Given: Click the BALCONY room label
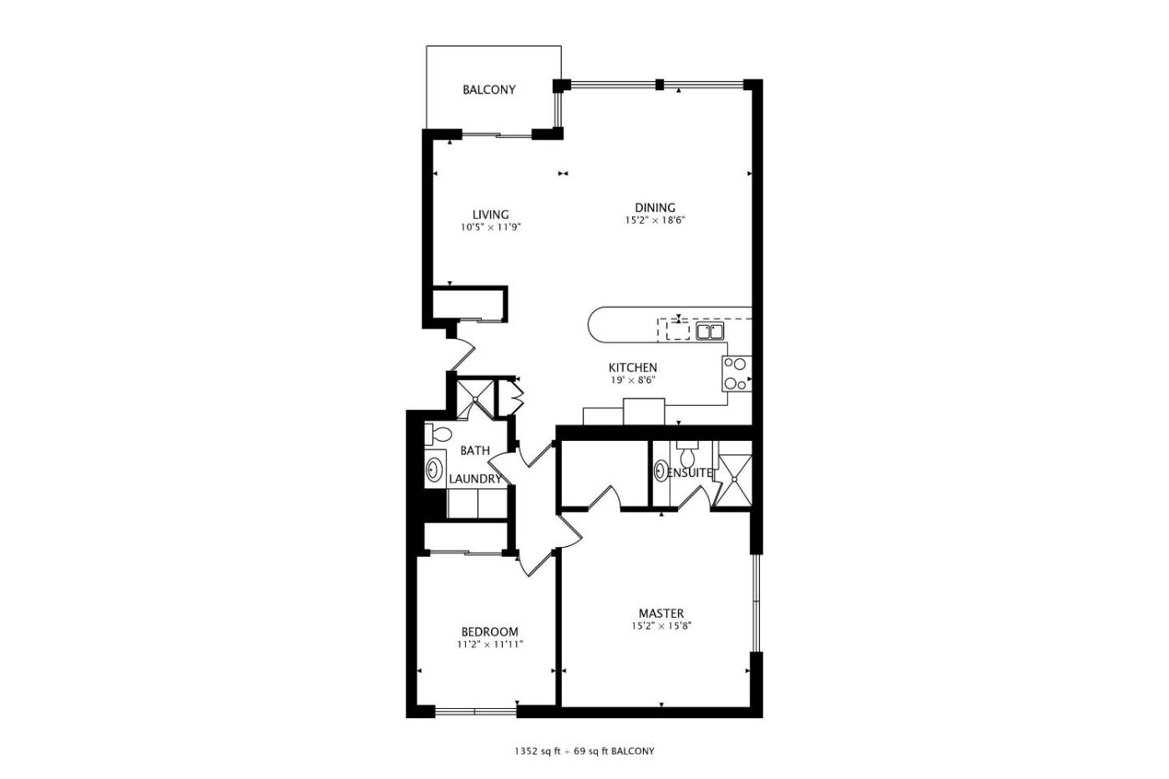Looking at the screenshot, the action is (489, 89).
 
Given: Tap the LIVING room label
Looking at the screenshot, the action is (491, 215).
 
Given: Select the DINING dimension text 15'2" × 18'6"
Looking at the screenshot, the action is (655, 220).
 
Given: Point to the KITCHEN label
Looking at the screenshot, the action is (633, 367).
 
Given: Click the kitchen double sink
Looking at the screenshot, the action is (709, 331).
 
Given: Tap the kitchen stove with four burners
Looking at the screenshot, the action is (736, 373).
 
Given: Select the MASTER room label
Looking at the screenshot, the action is (661, 613).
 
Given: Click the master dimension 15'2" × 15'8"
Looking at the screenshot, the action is (661, 626).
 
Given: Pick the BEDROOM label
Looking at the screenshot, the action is (489, 632).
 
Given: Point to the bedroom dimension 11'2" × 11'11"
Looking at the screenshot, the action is (490, 645).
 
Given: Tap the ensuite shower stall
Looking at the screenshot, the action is (733, 480).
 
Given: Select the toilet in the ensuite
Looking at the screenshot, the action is (687, 453).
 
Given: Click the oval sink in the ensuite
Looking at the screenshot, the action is (661, 471).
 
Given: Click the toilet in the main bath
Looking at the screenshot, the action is (438, 434).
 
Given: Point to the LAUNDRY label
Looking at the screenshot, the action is (475, 479).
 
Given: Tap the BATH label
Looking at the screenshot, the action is (475, 450).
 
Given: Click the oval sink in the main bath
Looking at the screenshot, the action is (433, 469).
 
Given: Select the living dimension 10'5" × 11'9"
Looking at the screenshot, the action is (491, 227).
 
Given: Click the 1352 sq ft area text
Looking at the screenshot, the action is (537, 751).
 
